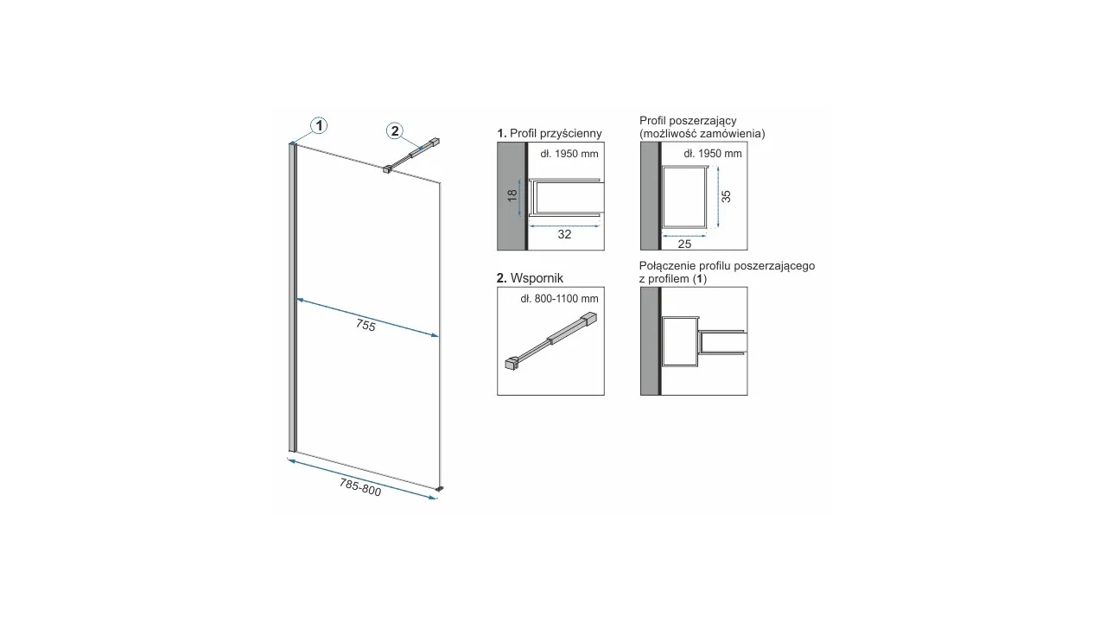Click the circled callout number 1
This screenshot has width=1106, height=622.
(319, 126)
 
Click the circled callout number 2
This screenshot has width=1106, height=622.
(395, 130)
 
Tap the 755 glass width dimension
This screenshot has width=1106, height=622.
(365, 325)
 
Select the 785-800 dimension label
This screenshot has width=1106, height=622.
(360, 487)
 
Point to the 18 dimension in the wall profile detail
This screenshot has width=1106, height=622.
(512, 195)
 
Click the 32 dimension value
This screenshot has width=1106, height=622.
(564, 234)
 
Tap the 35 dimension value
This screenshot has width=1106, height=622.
(726, 196)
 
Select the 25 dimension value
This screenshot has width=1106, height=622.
(684, 244)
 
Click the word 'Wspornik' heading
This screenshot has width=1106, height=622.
(537, 278)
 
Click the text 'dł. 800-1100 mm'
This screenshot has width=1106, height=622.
(559, 299)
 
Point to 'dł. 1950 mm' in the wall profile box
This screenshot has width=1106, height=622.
(569, 154)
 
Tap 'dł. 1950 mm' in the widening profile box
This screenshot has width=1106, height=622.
(713, 154)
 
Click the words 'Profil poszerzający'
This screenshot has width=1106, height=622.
(688, 121)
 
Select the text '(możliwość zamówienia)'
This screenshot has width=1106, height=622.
(702, 133)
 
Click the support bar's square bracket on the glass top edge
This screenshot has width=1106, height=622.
(386, 169)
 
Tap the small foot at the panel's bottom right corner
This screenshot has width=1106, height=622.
(440, 489)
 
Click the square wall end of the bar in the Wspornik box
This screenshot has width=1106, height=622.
(590, 319)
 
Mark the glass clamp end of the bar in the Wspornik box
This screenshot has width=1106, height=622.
(511, 363)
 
